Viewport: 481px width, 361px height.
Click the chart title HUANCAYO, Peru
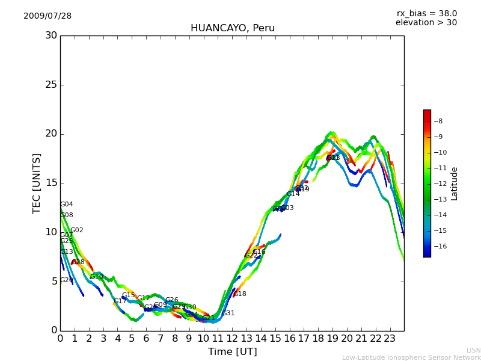point(233,28)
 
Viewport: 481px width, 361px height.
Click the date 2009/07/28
point(47,16)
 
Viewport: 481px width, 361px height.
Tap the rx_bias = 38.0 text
point(426,13)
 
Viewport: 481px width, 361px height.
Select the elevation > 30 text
point(426,23)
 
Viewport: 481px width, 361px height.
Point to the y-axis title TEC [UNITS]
point(37,183)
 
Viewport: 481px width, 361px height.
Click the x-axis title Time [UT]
point(232,351)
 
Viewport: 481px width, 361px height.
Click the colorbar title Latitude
point(455,184)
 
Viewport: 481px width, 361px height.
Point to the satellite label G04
point(67,205)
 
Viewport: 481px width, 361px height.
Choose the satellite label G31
point(228,313)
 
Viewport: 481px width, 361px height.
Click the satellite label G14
point(293,194)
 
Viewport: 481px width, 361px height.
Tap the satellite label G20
point(66,280)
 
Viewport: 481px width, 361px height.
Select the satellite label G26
point(171,300)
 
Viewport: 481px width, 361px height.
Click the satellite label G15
point(128,295)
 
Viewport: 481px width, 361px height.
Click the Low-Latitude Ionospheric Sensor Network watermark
point(411,357)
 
